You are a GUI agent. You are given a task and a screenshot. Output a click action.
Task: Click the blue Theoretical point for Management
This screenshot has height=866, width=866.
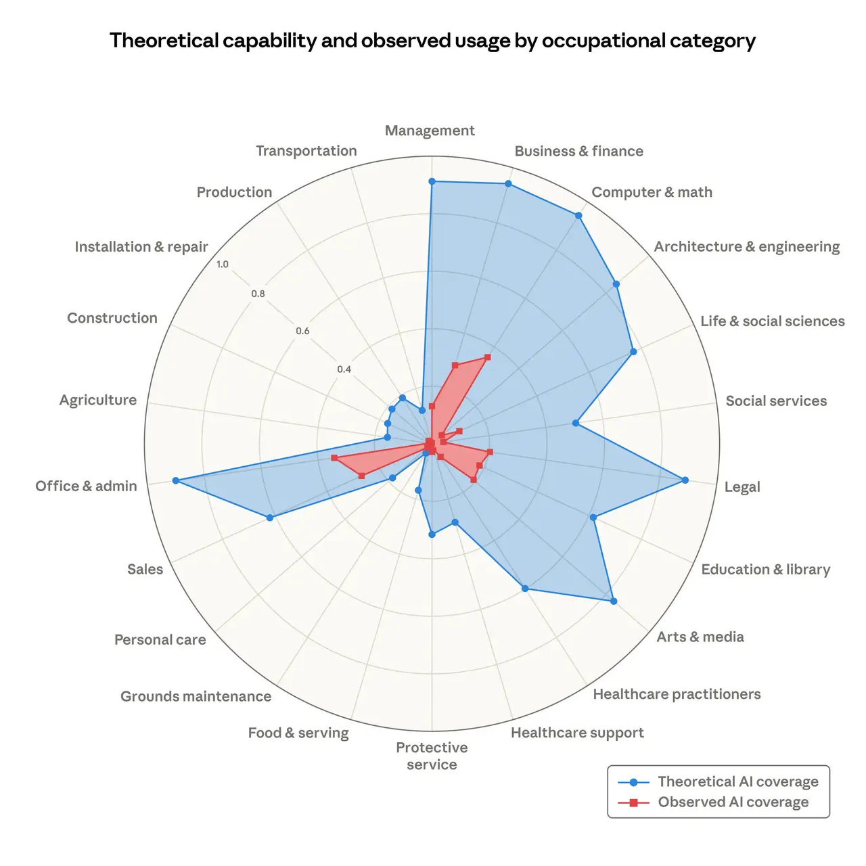(432, 181)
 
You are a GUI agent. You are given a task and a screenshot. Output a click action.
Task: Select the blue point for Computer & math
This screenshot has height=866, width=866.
(578, 216)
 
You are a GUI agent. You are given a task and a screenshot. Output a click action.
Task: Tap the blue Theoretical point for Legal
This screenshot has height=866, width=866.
(685, 480)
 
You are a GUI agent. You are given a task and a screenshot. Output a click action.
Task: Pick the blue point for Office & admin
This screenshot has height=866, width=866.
(175, 480)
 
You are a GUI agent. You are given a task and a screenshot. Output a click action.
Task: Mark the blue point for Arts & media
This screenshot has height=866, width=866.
(614, 601)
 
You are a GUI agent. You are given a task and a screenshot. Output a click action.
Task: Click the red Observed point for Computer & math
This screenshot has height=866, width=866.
(488, 357)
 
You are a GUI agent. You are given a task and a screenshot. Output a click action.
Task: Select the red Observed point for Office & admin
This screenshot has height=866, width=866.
(334, 458)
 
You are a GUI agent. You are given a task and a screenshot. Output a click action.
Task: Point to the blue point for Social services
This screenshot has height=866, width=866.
(576, 423)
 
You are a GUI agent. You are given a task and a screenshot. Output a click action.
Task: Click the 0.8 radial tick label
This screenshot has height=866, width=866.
(258, 294)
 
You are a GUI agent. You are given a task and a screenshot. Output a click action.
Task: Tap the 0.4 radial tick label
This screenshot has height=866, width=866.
(344, 369)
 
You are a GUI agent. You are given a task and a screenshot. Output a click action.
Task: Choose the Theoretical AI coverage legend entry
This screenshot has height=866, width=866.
(737, 782)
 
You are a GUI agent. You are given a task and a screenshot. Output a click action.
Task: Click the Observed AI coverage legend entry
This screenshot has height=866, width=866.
(733, 802)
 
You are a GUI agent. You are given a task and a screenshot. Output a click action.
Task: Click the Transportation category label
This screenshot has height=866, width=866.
(306, 151)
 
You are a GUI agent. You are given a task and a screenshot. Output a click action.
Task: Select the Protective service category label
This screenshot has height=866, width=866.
(432, 756)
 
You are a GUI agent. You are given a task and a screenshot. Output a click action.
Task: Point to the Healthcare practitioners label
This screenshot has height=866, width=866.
(677, 694)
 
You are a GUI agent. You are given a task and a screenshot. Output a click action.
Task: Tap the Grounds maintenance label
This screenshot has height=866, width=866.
(196, 696)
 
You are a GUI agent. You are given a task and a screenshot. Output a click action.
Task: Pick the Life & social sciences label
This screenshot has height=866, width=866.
(772, 321)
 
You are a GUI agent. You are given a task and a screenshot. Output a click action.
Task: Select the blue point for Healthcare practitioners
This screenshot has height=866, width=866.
(526, 588)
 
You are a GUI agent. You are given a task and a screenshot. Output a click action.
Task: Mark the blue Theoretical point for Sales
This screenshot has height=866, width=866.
(270, 518)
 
